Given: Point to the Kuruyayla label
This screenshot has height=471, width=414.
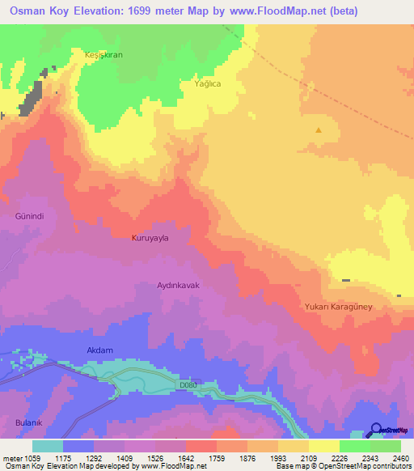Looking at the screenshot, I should [153, 239].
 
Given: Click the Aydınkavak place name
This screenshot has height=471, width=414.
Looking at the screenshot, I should [178, 286].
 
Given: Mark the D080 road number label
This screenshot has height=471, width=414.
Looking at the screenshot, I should [188, 385].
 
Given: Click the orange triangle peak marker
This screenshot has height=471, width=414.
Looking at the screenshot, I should [319, 129].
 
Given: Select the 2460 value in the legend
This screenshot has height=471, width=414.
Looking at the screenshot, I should [400, 457].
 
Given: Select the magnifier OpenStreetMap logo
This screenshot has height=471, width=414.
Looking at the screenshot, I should [375, 430].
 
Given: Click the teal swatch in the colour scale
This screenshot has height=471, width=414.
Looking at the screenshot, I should [47, 445].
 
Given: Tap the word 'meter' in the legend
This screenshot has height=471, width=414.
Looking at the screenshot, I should [13, 457].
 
